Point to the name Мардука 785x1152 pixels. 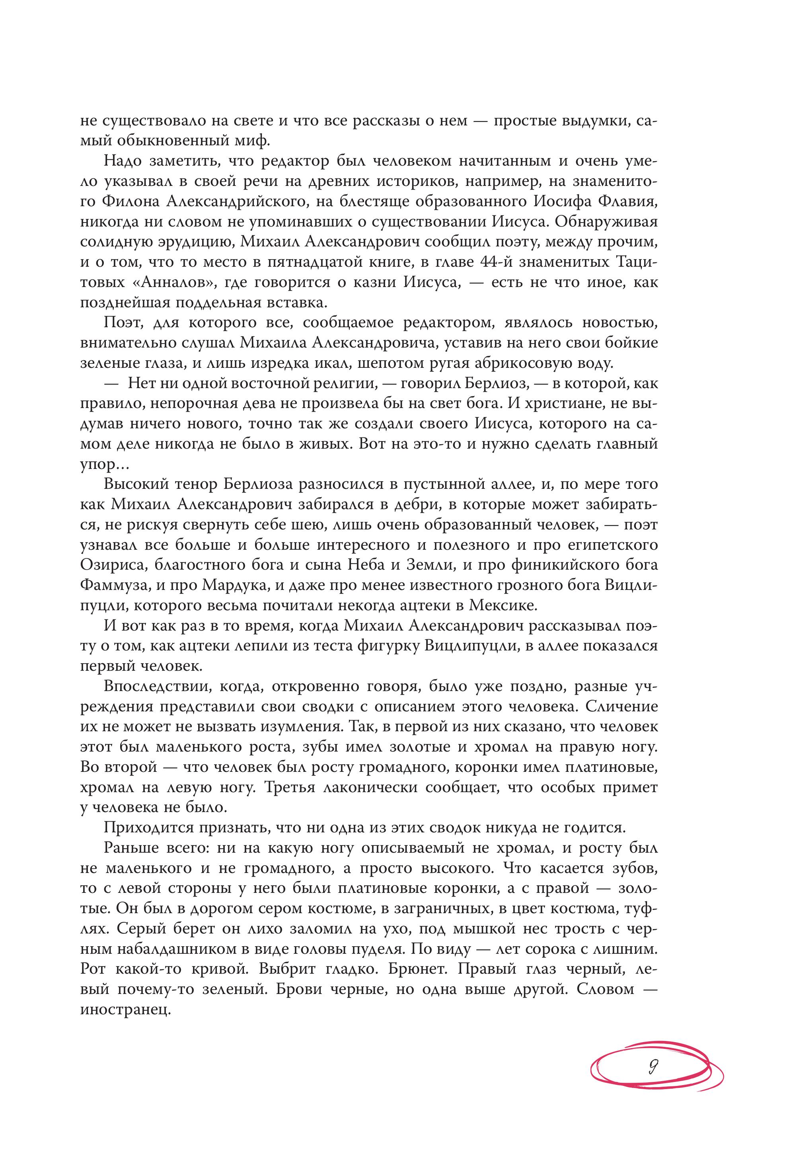point(235,585)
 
